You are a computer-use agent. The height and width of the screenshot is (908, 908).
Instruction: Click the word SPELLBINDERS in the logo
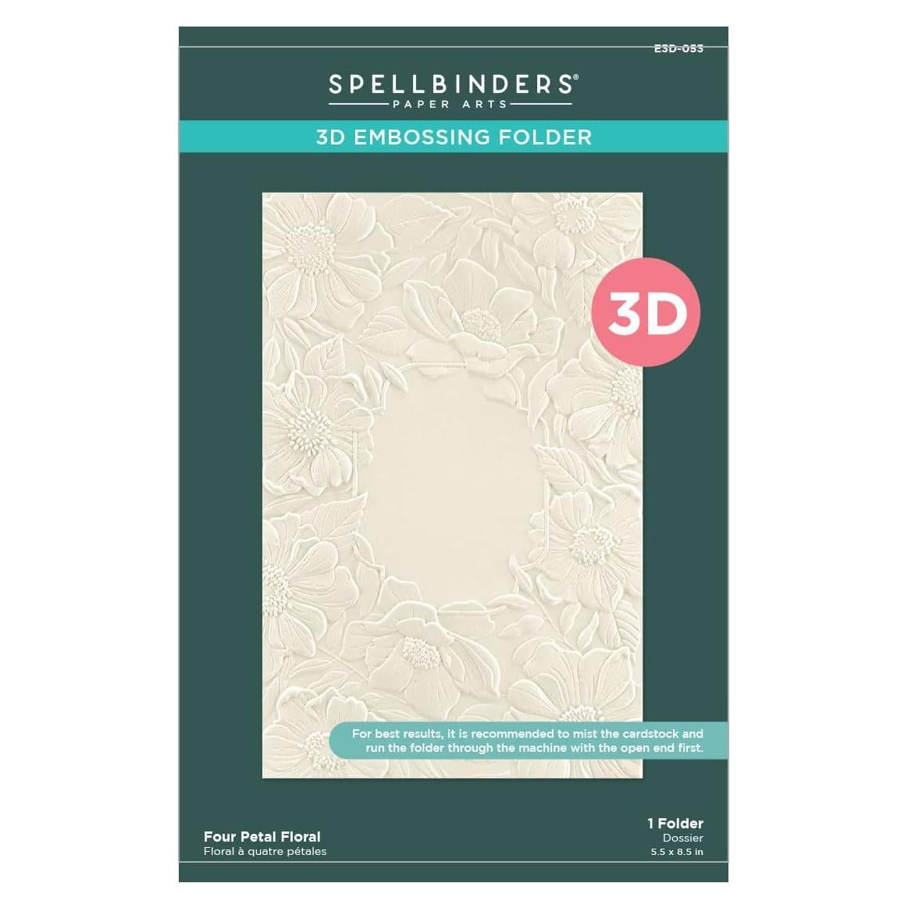(x=450, y=84)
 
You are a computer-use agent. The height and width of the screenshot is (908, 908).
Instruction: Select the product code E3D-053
(x=678, y=48)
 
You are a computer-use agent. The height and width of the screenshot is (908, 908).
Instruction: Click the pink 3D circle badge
(x=647, y=313)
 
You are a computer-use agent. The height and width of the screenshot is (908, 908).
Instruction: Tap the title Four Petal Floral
(x=262, y=836)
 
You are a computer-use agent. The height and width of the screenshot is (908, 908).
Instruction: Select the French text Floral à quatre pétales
(x=265, y=851)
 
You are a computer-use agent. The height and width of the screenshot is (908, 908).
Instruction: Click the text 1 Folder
(x=675, y=823)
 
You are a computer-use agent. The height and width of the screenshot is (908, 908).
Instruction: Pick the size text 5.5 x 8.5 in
(x=677, y=852)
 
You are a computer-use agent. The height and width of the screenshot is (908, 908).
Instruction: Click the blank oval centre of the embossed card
(x=446, y=484)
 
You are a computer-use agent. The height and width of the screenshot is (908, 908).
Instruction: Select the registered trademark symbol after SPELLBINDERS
(x=576, y=77)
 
